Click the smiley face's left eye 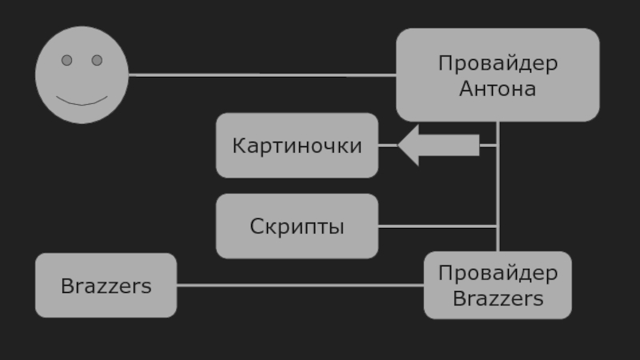click(67, 60)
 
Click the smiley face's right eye click(97, 60)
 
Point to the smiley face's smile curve click(82, 102)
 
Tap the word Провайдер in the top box click(498, 63)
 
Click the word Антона click(498, 88)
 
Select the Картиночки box click(297, 146)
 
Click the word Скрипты click(297, 226)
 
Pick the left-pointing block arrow click(440, 146)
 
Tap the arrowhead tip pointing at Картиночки click(400, 146)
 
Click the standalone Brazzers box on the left click(106, 286)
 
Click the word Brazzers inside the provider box click(498, 299)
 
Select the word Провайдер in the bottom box click(498, 274)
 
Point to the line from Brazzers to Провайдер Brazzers click(300, 286)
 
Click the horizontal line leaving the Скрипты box click(438, 226)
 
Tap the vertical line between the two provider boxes click(498, 192)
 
